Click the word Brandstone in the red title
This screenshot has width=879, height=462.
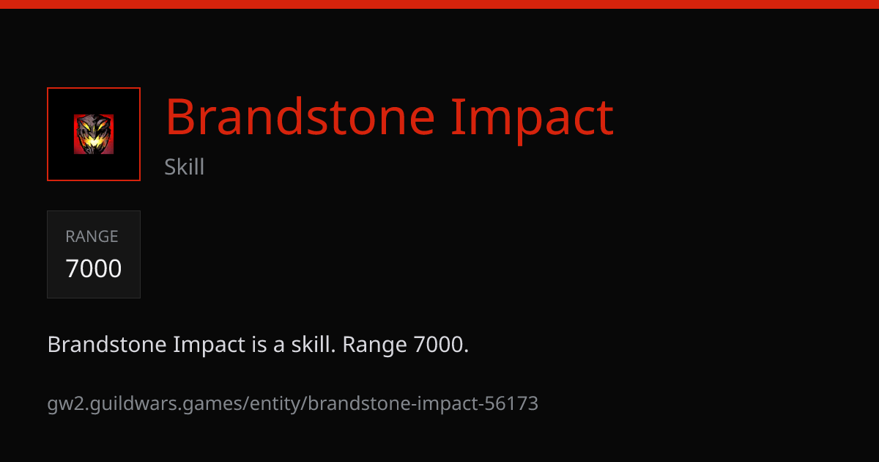(x=300, y=117)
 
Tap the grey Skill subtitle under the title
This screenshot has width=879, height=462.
(x=184, y=166)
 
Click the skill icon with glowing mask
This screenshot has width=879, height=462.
(x=94, y=134)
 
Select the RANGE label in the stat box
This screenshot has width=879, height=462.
(x=92, y=236)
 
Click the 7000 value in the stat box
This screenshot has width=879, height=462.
(x=94, y=268)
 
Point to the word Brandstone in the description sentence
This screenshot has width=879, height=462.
(x=107, y=344)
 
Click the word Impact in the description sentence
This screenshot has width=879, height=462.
(x=209, y=345)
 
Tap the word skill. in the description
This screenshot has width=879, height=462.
(x=314, y=344)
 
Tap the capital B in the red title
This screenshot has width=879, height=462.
(x=179, y=117)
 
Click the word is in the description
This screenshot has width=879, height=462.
(x=259, y=344)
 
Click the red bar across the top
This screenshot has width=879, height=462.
(x=439, y=4)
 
